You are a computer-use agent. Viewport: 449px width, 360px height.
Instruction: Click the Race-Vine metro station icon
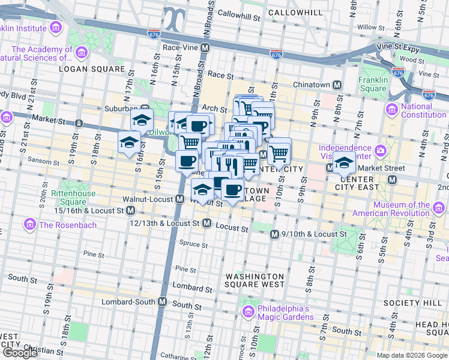(205, 47)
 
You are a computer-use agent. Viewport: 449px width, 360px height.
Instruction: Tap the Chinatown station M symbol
(337, 85)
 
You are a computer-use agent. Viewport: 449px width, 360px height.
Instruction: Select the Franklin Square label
(373, 84)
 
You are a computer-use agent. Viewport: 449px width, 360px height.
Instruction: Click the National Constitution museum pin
(392, 109)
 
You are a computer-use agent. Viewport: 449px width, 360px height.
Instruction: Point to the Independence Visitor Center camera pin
(379, 149)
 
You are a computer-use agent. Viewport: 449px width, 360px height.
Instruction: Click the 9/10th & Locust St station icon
(274, 234)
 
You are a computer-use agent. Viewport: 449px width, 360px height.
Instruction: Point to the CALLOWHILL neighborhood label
(291, 12)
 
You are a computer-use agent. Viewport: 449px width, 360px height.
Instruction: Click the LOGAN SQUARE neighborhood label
(91, 69)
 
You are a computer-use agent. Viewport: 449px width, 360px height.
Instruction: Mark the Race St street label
(220, 75)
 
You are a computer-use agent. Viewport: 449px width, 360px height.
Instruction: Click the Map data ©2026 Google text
(412, 355)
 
